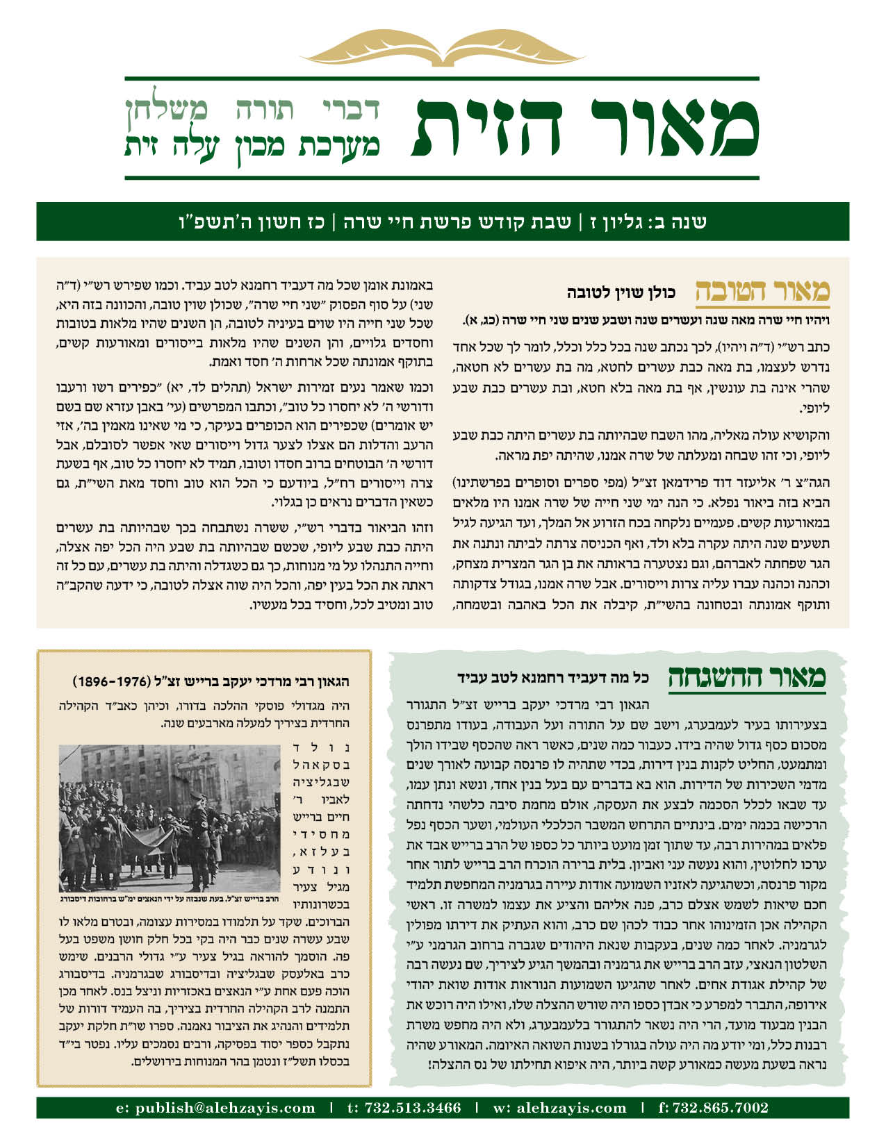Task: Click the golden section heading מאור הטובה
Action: pyautogui.click(x=762, y=292)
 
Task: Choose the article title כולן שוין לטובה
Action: pyautogui.click(x=621, y=293)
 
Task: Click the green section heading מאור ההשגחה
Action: pyautogui.click(x=746, y=676)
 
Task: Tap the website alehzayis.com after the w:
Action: pyautogui.click(x=569, y=1108)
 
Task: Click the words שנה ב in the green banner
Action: pyautogui.click(x=684, y=222)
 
